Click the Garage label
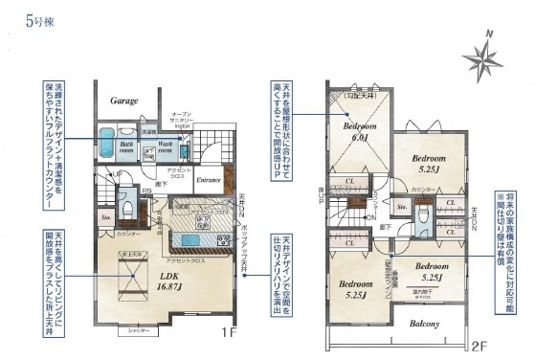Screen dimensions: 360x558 [123, 100]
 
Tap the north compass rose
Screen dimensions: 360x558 [484, 59]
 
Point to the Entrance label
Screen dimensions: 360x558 [209, 179]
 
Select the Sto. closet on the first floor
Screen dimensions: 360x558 [105, 218]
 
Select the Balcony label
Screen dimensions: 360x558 [425, 324]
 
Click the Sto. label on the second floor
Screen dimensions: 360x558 [403, 206]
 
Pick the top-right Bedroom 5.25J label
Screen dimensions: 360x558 [428, 162]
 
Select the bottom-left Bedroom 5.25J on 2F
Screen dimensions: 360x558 [355, 288]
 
